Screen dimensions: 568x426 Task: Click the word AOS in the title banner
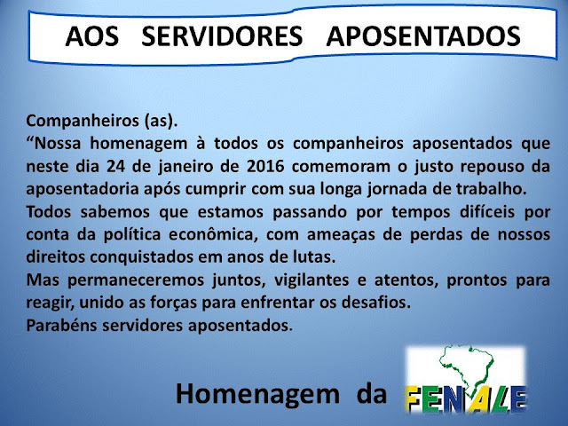coord(92,36)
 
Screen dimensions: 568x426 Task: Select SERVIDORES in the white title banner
coord(222,36)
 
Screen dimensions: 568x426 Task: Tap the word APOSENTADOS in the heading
coord(423,36)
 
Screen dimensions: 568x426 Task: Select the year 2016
coord(265,166)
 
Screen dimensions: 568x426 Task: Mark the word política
coord(132,235)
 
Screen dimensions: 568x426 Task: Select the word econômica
coord(213,235)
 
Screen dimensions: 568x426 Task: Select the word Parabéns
coord(61,326)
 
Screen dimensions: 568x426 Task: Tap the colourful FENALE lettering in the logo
coord(465,398)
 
